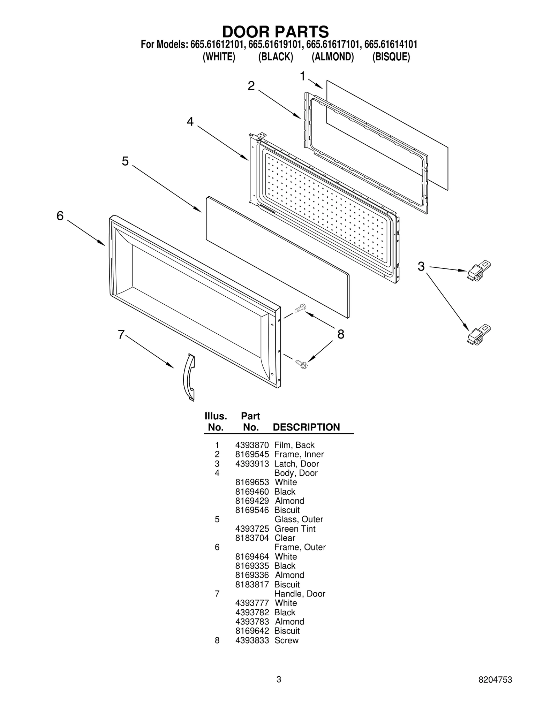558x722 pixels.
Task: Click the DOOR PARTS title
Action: [275, 32]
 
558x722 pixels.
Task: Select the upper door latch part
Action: [478, 271]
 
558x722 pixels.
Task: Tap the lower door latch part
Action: [478, 335]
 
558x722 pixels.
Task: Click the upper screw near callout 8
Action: [300, 308]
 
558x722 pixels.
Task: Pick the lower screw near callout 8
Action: [301, 364]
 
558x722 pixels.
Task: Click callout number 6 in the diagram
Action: [60, 216]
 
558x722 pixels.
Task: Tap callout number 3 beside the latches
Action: [421, 267]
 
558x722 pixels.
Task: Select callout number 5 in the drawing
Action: [125, 161]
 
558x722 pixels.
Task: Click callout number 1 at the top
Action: [303, 76]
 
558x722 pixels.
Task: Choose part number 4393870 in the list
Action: [252, 445]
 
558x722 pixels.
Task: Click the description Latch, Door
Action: [296, 464]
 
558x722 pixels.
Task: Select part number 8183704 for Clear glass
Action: [252, 538]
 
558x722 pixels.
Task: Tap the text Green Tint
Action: [295, 529]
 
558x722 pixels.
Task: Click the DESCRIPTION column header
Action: [306, 427]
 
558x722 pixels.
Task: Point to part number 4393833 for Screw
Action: [252, 640]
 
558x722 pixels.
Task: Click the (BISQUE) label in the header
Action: [391, 57]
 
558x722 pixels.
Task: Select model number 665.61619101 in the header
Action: [276, 45]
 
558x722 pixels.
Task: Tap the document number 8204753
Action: [495, 689]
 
